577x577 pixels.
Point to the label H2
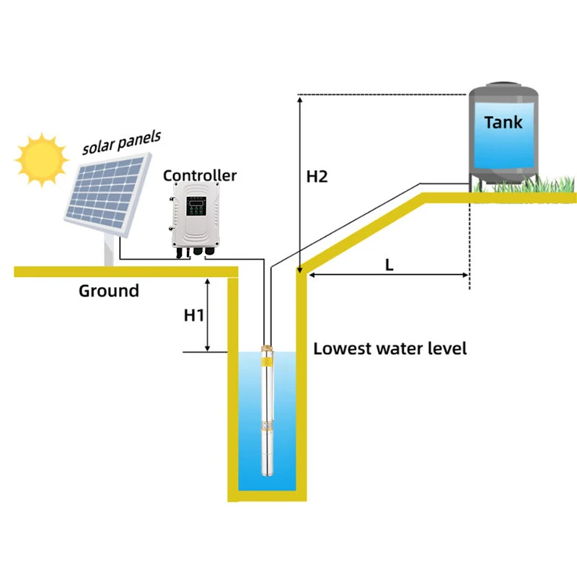click(x=317, y=176)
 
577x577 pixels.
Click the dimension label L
click(x=389, y=265)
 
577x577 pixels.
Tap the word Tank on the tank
click(x=503, y=122)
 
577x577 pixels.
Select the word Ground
click(x=108, y=291)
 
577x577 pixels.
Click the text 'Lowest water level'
click(x=390, y=349)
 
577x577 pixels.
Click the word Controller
click(x=200, y=175)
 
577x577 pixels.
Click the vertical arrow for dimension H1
click(x=208, y=314)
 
